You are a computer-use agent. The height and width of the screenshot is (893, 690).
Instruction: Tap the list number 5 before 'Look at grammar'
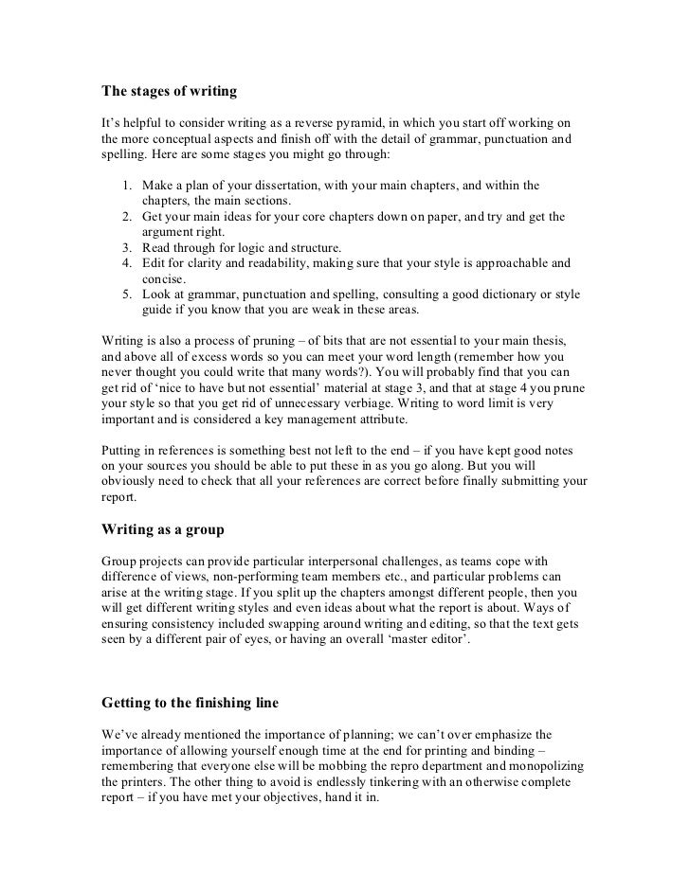point(125,295)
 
